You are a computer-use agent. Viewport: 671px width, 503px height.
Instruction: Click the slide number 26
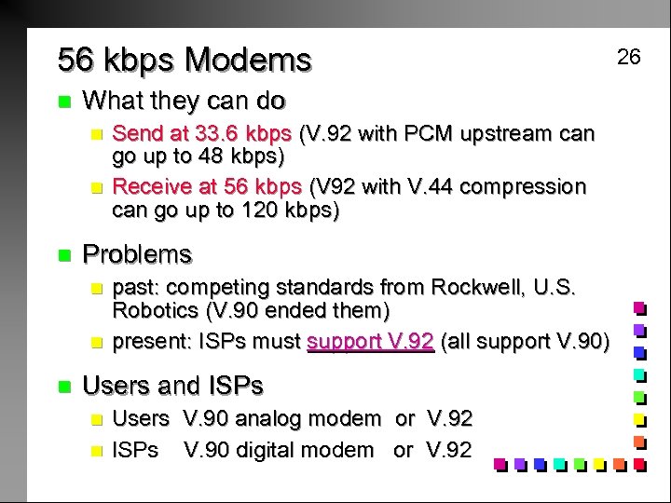click(629, 57)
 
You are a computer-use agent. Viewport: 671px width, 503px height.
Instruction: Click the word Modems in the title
click(248, 61)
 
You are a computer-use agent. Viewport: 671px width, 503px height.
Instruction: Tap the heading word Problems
click(137, 254)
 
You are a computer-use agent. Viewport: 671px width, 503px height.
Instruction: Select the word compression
click(523, 186)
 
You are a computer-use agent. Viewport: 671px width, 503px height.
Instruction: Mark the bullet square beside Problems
click(63, 254)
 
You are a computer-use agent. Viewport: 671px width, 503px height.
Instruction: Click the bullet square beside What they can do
click(63, 101)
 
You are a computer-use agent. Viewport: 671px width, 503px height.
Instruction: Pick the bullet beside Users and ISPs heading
click(63, 385)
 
